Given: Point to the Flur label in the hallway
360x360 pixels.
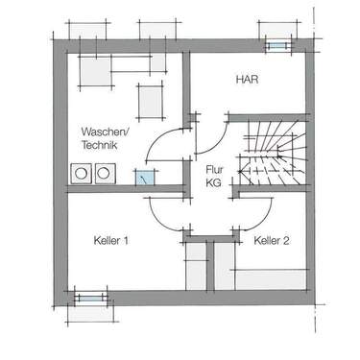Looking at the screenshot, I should point(213,168).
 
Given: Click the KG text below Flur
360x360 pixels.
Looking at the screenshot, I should point(213,182).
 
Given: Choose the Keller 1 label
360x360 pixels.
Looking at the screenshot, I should point(111,240).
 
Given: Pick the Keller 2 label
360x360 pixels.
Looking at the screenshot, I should point(273,240).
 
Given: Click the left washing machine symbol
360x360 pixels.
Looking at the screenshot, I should point(80,174).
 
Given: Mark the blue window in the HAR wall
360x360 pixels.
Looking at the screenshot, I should point(278,44).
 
